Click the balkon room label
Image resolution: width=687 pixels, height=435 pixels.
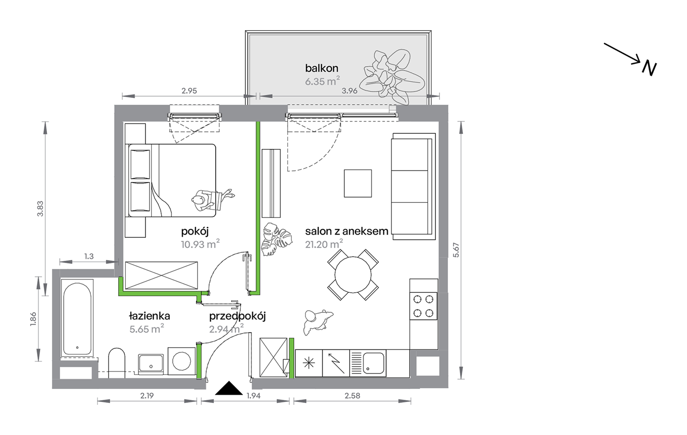click(x=321, y=68)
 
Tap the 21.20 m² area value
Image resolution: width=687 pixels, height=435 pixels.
click(x=324, y=244)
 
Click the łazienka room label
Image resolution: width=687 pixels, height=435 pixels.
click(x=149, y=316)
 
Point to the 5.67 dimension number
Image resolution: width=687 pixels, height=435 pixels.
click(x=456, y=250)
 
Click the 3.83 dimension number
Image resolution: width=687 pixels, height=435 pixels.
click(x=40, y=209)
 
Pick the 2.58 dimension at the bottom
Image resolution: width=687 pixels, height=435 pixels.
click(x=352, y=396)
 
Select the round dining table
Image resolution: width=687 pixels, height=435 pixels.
click(x=353, y=275)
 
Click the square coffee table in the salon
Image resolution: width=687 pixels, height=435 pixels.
click(x=358, y=183)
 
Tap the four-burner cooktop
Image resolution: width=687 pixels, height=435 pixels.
click(x=423, y=306)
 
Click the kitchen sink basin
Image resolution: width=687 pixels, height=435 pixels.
click(x=373, y=363)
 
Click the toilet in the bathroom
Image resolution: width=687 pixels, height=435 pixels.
click(x=116, y=363)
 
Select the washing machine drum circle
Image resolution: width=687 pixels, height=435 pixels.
click(x=182, y=361)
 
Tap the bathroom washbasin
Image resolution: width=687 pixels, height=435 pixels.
click(x=151, y=364)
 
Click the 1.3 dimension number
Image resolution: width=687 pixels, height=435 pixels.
click(x=89, y=256)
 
